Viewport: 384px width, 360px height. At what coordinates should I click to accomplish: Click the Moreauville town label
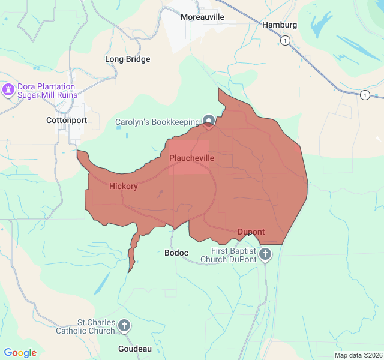click(x=202, y=17)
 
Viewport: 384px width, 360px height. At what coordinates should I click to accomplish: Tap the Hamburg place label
click(x=280, y=25)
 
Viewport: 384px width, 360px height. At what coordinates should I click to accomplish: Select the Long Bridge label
click(x=127, y=59)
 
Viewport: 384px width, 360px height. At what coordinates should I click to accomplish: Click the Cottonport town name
click(x=67, y=120)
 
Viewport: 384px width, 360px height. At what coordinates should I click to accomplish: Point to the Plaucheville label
click(x=191, y=158)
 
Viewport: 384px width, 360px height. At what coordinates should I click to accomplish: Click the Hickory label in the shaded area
click(x=124, y=186)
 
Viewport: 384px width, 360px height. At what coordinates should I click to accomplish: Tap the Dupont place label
click(x=251, y=232)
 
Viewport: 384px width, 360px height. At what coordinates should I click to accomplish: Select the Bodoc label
click(x=176, y=253)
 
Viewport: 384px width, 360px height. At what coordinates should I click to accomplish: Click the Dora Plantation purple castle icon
click(x=8, y=91)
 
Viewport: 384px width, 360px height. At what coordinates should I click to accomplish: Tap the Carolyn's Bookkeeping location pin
click(x=208, y=121)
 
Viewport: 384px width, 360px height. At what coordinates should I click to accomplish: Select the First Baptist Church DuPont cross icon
click(x=265, y=255)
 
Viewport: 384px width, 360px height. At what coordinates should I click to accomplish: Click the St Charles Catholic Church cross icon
click(x=124, y=326)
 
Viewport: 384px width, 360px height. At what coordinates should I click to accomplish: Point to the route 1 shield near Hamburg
click(x=286, y=41)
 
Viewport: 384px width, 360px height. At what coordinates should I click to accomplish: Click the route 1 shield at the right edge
click(x=365, y=95)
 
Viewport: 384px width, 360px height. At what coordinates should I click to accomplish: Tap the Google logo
click(x=20, y=353)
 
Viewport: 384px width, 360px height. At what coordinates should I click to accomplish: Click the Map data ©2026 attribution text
click(x=358, y=355)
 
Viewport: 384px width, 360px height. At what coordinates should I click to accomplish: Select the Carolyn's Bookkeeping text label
click(x=158, y=122)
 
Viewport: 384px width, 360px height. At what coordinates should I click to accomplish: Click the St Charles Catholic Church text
click(x=85, y=326)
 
